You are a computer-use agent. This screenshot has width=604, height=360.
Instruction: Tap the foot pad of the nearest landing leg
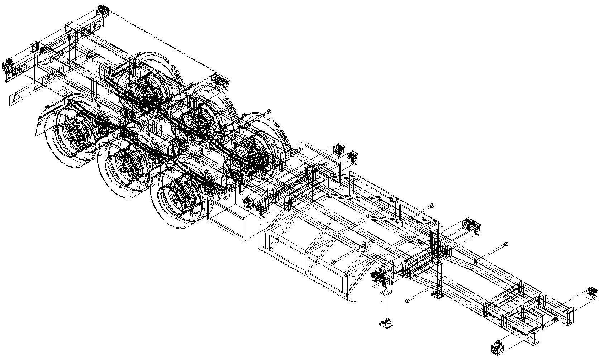[x=386, y=323]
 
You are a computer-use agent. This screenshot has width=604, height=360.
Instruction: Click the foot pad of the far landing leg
[x=437, y=294]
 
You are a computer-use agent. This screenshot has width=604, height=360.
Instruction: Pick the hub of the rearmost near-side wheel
[x=73, y=136]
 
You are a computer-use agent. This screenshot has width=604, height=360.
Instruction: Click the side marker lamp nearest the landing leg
[x=407, y=300]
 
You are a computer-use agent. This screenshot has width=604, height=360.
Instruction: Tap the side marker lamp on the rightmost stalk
[x=506, y=244]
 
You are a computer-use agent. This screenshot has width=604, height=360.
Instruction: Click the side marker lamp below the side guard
[x=334, y=262]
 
